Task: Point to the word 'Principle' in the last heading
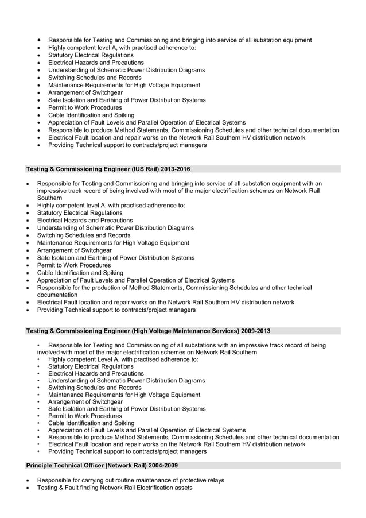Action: [41, 465]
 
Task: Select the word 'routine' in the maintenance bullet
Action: [121, 480]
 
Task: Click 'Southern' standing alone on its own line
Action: [50, 198]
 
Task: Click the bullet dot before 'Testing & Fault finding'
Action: [28, 488]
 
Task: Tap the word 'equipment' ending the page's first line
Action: [297, 40]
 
